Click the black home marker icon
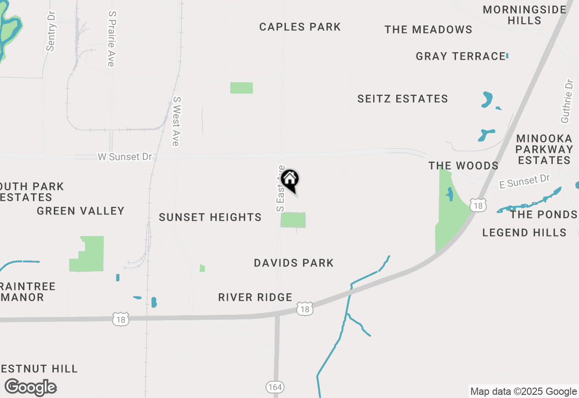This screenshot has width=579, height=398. [289, 180]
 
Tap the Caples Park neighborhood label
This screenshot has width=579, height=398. [300, 27]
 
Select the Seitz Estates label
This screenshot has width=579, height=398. [403, 99]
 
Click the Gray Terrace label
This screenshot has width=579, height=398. [460, 57]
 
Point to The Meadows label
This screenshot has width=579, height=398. [428, 30]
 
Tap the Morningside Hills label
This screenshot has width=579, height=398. [525, 15]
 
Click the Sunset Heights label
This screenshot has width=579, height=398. [210, 218]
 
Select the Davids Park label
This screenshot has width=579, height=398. [294, 263]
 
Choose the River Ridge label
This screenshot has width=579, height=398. [255, 298]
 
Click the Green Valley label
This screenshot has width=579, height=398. [81, 211]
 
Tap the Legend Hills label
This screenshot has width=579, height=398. [524, 233]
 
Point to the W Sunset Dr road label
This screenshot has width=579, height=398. [125, 157]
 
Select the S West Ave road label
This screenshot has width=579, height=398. [176, 121]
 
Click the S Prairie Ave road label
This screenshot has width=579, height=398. [111, 39]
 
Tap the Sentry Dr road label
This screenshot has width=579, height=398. [51, 31]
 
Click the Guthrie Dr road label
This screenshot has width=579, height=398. [567, 102]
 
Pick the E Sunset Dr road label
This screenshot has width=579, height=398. [525, 182]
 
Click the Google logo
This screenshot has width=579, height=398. [31, 387]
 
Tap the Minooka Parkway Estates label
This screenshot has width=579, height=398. [545, 149]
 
